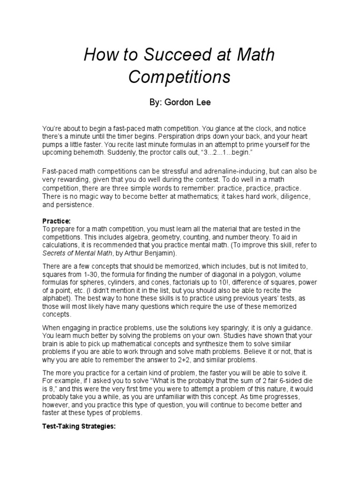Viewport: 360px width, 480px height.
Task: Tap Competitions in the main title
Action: (180, 77)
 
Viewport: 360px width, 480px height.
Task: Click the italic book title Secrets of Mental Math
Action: (82, 254)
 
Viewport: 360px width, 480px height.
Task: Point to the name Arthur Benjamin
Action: (152, 254)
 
